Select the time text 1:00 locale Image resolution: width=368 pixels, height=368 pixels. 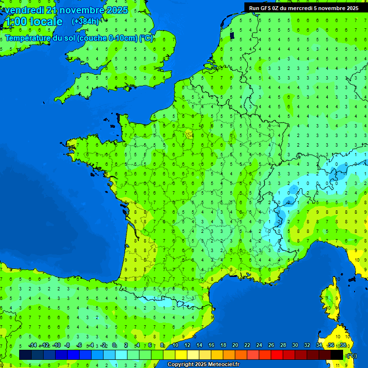click(33, 22)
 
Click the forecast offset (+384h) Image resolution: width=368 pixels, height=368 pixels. click(85, 22)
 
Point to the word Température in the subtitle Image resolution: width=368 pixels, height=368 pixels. click(30, 38)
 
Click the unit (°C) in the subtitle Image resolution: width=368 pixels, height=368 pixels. click(146, 38)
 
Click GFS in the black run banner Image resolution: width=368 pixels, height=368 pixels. click(266, 8)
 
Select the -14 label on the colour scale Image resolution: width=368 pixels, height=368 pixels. click(33, 345)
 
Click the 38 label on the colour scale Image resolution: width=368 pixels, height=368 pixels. click(343, 345)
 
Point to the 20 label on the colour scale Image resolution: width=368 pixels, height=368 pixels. click(235, 345)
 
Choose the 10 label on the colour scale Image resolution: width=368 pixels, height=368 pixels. click(175, 345)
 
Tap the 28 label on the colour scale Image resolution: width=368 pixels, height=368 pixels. click(283, 345)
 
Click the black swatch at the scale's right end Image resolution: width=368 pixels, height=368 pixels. click(337, 355)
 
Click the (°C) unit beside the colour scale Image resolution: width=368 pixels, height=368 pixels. click(352, 355)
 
